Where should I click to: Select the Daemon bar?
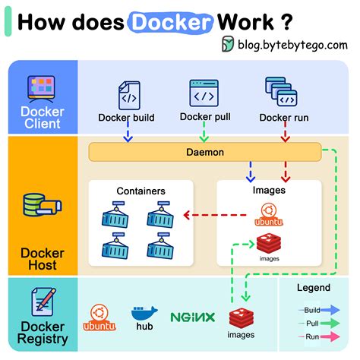[205, 152]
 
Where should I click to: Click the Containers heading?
[141, 191]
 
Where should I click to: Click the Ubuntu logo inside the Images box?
[267, 216]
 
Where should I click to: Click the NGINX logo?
[192, 317]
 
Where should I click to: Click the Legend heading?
[313, 288]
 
